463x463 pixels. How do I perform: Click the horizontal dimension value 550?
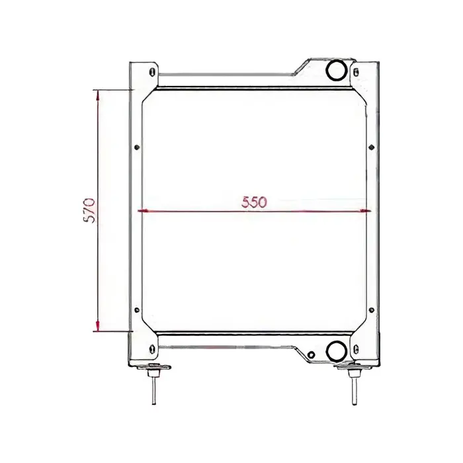coord(254,203)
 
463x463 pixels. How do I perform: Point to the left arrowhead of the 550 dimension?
coord(140,212)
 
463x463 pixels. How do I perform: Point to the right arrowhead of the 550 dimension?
coord(366,212)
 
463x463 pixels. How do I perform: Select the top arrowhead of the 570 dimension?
coord(99,94)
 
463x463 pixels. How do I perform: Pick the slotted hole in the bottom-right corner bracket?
coord(357,349)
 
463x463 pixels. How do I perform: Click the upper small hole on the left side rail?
coord(136,147)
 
